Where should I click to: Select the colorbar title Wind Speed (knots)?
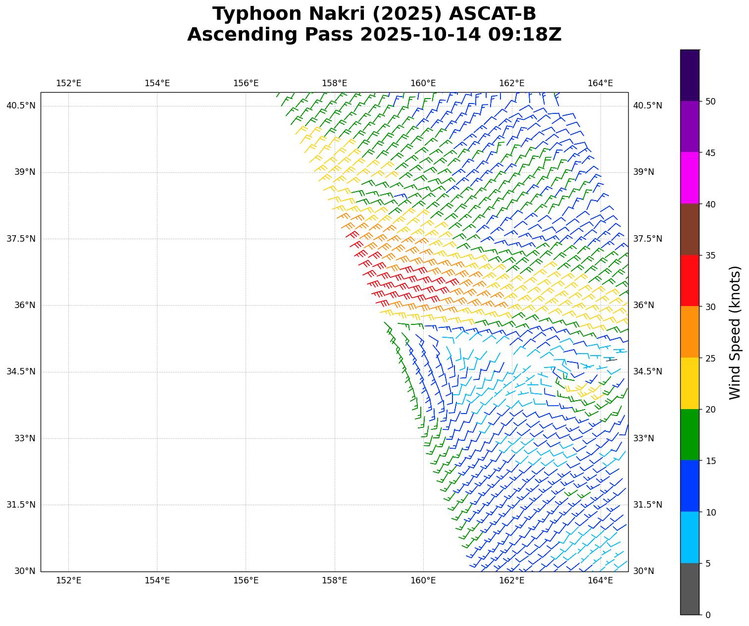pyautogui.click(x=735, y=332)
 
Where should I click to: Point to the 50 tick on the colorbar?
pyautogui.click(x=710, y=102)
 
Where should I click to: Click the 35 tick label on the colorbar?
pyautogui.click(x=710, y=256)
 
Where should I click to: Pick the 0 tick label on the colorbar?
pyautogui.click(x=708, y=615)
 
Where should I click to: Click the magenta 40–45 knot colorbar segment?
pyautogui.click(x=690, y=178)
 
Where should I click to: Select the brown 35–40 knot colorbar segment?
pyautogui.click(x=690, y=229)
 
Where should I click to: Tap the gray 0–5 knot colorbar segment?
pyautogui.click(x=690, y=589)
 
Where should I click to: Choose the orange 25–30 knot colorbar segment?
pyautogui.click(x=690, y=332)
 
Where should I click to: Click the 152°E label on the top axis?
pyautogui.click(x=68, y=83)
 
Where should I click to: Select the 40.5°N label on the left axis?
pyautogui.click(x=21, y=105)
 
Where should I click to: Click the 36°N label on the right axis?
pyautogui.click(x=644, y=305)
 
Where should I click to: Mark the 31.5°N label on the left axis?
pyautogui.click(x=21, y=505)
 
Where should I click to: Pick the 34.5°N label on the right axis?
pyautogui.click(x=648, y=371)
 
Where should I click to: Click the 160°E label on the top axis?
pyautogui.click(x=423, y=83)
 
